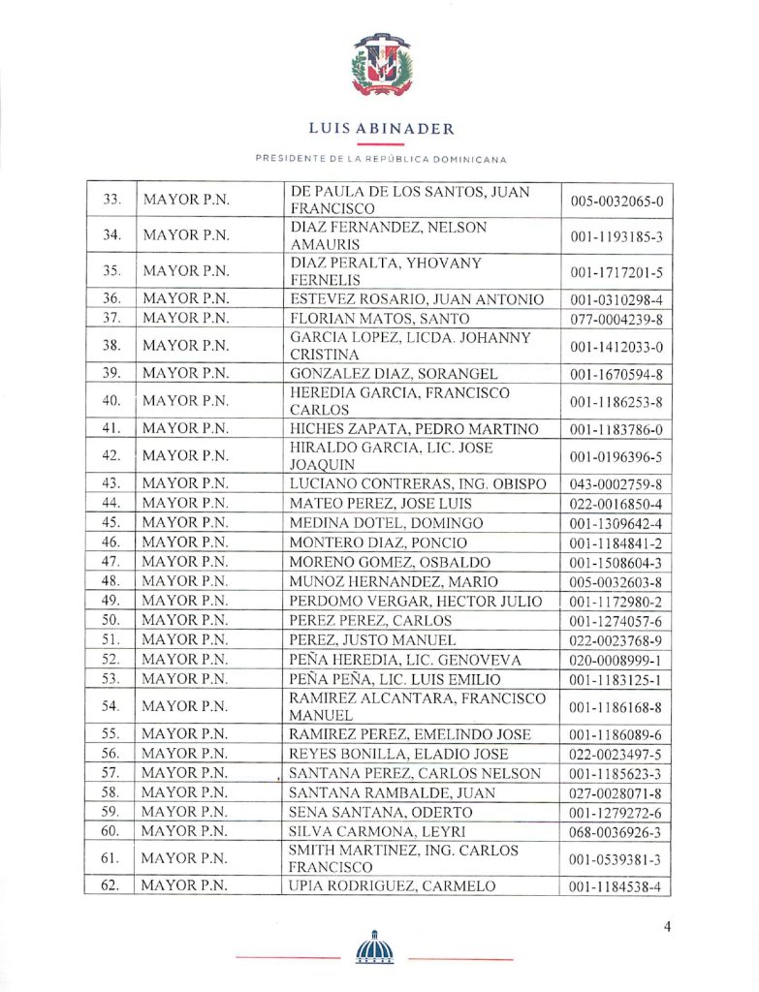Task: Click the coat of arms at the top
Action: click(x=381, y=65)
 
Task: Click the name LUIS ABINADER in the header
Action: click(x=381, y=129)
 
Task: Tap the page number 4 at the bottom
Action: click(x=668, y=926)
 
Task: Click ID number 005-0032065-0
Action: click(x=617, y=201)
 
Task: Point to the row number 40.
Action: click(x=111, y=400)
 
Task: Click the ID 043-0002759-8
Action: click(x=617, y=484)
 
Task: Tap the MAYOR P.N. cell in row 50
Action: click(x=185, y=620)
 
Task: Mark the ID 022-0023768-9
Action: click(x=617, y=639)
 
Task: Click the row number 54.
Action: click(x=111, y=705)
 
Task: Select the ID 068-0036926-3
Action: click(x=617, y=832)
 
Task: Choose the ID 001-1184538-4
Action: click(x=617, y=885)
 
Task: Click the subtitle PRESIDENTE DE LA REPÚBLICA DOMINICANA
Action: click(x=381, y=159)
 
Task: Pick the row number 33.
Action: click(x=111, y=201)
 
